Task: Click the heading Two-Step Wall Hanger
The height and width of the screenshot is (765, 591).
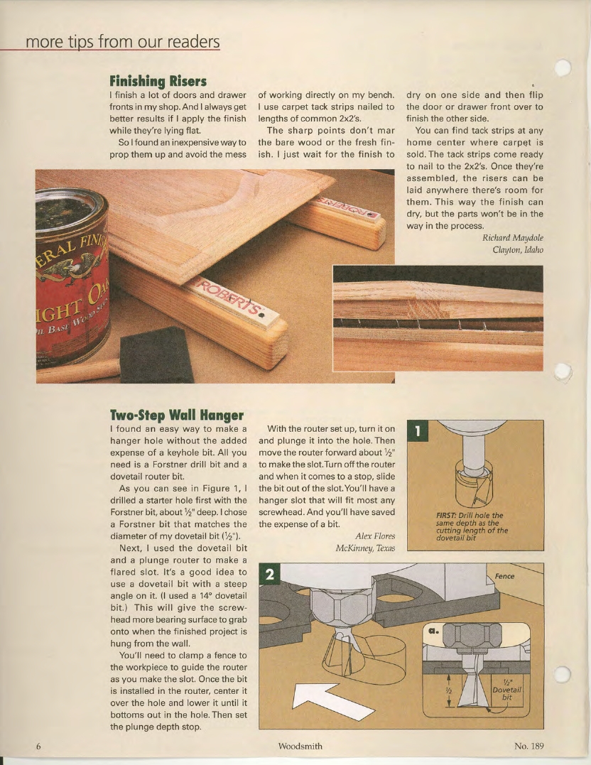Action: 176,414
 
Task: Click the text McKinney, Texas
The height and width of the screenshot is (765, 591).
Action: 364,548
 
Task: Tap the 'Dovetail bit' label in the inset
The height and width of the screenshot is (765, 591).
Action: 507,693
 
